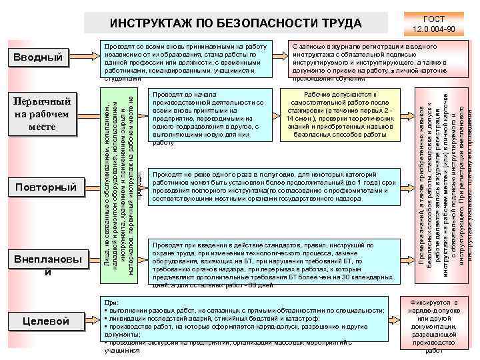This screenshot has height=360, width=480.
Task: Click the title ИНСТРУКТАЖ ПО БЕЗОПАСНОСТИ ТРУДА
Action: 235,24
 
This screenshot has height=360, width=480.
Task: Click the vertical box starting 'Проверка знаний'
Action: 441,180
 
